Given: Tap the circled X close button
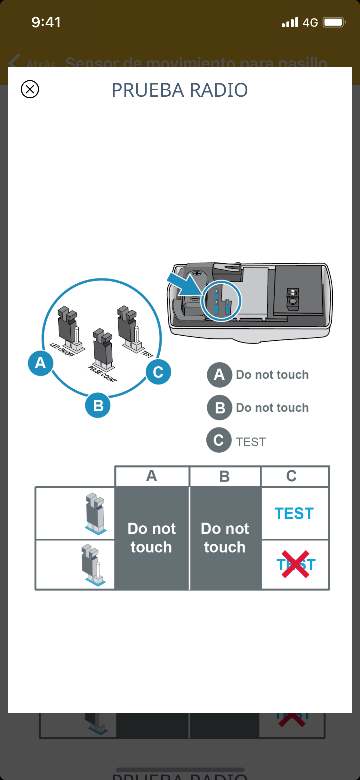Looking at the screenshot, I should tap(30, 89).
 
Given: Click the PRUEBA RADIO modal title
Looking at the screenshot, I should tap(180, 90).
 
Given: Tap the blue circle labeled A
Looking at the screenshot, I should tap(40, 363).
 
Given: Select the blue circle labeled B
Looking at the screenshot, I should tap(98, 405).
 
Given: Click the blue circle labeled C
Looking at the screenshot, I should tap(158, 372).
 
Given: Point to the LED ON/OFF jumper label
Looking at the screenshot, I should tap(62, 349).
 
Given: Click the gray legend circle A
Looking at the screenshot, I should tap(219, 375).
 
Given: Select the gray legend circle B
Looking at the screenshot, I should tap(220, 408).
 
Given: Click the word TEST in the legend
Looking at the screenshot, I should tap(251, 442).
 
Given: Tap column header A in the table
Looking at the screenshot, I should tap(152, 476).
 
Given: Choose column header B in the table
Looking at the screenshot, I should tap(225, 476).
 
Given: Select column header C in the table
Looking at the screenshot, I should tap(291, 476).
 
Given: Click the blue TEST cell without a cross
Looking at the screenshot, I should tap(294, 513).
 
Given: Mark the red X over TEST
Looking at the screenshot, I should tap(295, 564).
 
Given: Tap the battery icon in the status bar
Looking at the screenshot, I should tap(334, 22).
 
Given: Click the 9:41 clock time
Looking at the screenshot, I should tap(46, 22).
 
